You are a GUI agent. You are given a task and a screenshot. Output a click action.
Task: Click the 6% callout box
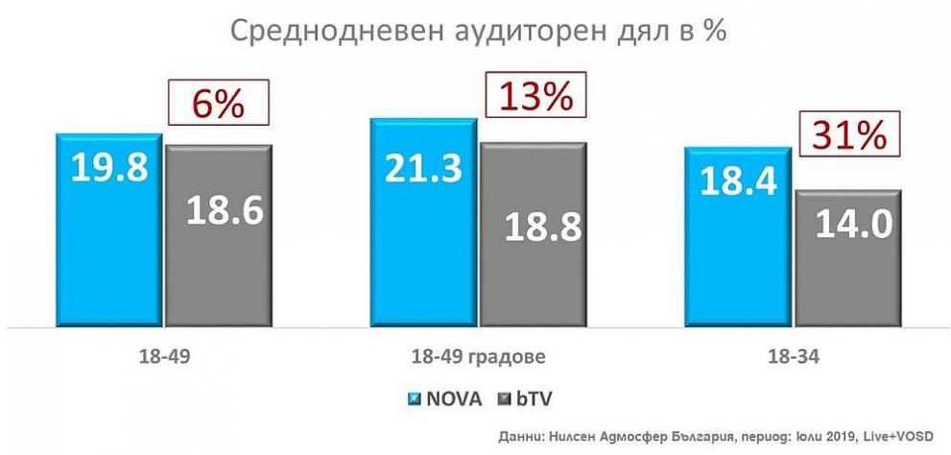pyautogui.click(x=217, y=103)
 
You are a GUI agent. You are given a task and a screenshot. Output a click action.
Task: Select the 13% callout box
pyautogui.click(x=534, y=96)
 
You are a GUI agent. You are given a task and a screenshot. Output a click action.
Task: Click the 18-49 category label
pyautogui.click(x=163, y=357)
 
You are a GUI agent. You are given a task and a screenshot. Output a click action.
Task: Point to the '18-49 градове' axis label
pyautogui.click(x=477, y=357)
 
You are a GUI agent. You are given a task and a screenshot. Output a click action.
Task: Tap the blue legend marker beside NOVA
pyautogui.click(x=414, y=397)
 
